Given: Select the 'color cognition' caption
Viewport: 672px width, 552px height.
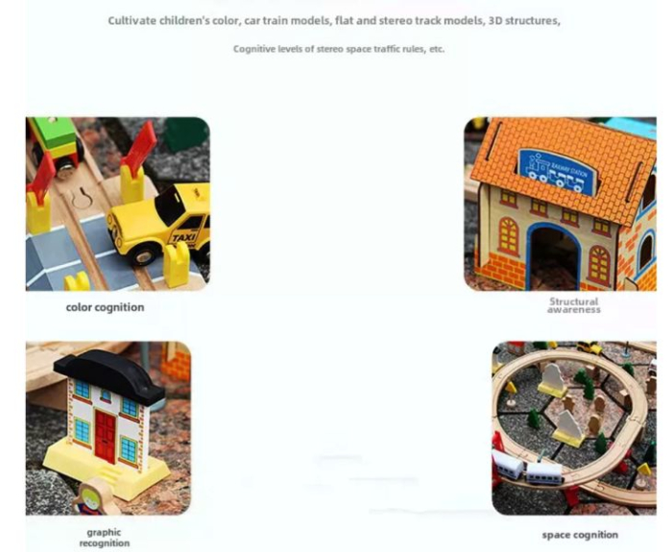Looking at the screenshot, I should coord(105,307).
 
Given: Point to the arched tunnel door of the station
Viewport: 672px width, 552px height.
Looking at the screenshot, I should coord(554,257).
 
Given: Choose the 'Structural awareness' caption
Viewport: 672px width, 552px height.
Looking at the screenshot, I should coord(574,305).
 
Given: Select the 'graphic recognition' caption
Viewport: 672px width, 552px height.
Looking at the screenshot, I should coord(105,537).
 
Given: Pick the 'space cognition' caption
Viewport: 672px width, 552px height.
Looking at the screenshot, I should coord(580,535).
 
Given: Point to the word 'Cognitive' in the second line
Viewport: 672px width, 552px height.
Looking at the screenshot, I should coord(256,49).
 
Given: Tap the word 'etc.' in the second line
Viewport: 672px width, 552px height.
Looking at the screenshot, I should coord(437,49).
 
